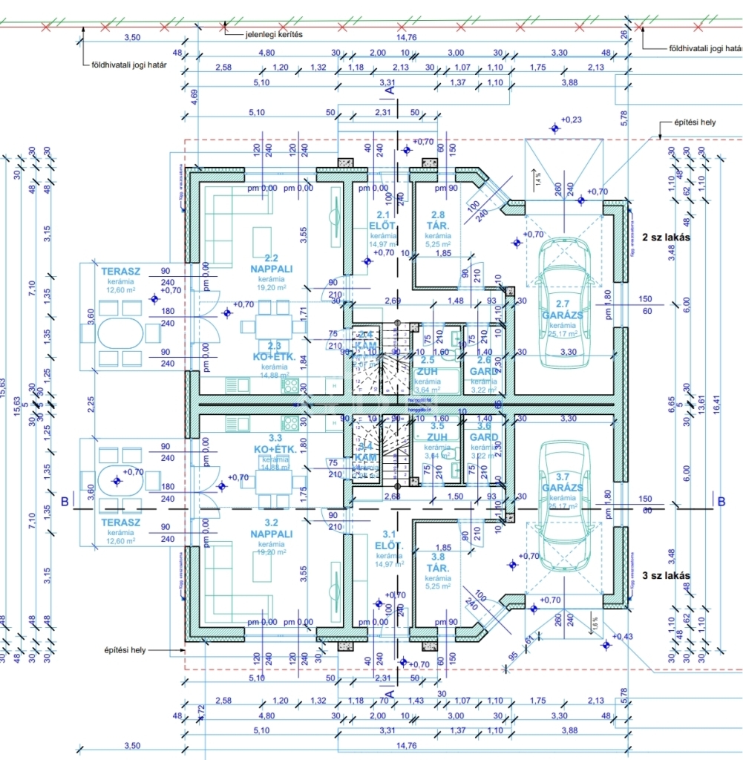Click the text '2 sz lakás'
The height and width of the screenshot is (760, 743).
666,237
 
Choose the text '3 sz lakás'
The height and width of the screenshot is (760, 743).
666,575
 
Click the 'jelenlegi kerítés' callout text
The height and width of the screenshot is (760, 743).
274,34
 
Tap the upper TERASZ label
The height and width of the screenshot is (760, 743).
121,272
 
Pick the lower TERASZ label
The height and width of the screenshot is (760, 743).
121,522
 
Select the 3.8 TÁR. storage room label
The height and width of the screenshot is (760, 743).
438,561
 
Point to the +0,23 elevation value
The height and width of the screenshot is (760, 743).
572,119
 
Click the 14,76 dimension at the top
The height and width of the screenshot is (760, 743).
406,37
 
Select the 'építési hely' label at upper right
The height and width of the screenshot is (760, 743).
695,122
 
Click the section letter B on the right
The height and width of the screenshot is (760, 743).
721,501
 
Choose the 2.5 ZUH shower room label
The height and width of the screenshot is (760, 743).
428,365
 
